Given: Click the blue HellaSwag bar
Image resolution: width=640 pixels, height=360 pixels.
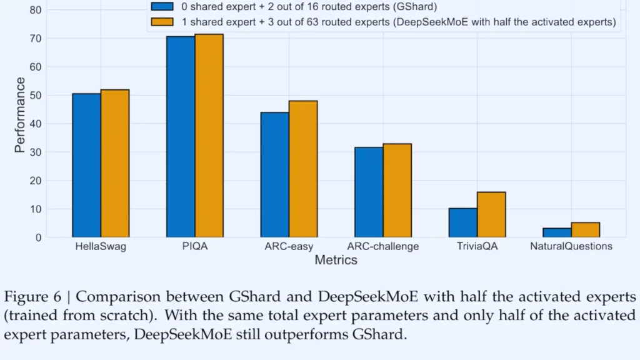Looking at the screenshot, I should pos(86,166).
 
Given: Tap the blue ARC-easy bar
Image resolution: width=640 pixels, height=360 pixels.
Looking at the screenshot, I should pos(275,175).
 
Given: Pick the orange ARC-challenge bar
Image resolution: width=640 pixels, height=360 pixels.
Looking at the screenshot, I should pos(397,191).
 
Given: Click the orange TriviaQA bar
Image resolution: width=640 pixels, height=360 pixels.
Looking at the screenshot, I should pos(491,214).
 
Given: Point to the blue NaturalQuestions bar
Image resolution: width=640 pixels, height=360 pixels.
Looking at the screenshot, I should pos(557,232).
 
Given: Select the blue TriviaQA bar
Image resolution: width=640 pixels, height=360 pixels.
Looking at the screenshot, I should pos(463,222).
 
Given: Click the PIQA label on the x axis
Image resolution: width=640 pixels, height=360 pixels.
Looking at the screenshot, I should pos(195,246).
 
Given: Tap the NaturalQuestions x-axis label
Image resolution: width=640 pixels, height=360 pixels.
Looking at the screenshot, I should pos(571,246).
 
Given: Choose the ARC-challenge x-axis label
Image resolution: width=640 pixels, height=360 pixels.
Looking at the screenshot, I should pos(383,246).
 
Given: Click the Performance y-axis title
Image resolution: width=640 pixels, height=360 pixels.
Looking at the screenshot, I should pos(21,115).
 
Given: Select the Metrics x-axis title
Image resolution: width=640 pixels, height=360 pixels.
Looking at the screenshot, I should pos(336,260).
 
